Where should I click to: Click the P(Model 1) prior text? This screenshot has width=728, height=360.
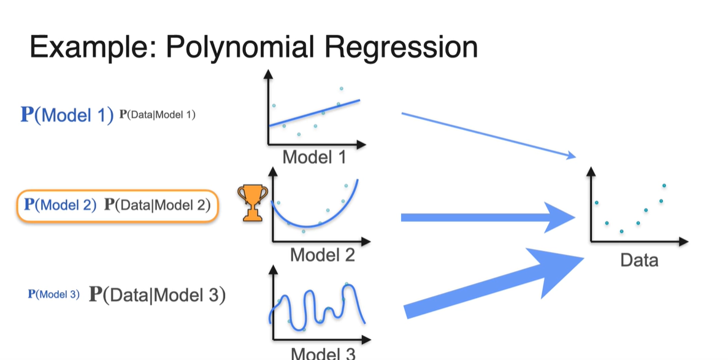tap(67, 115)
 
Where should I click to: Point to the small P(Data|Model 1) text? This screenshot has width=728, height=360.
tap(157, 115)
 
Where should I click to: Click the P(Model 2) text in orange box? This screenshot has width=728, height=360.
tap(59, 205)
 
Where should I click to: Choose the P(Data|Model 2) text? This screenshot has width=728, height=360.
tap(158, 205)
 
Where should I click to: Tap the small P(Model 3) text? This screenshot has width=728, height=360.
tap(54, 295)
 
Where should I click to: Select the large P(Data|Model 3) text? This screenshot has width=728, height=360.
tap(157, 295)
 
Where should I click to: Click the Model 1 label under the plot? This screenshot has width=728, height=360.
tap(314, 158)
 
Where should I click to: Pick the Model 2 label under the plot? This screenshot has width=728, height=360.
tap(322, 255)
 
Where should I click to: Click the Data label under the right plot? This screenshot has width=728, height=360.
tap(639, 260)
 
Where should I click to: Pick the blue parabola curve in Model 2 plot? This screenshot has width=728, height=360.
tap(307, 226)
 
